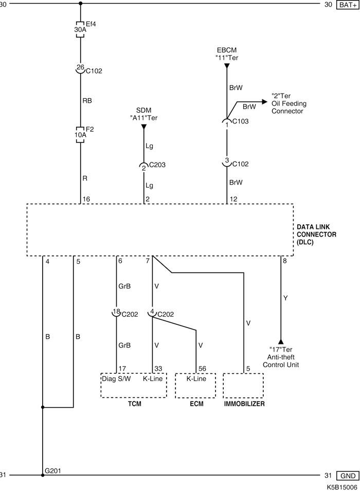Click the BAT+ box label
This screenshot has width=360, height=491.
(x=348, y=5)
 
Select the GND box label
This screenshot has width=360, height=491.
(x=348, y=476)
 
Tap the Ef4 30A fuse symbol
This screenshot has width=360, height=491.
(x=80, y=30)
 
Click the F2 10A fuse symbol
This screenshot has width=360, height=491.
(x=80, y=135)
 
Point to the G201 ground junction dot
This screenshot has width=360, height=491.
(x=43, y=475)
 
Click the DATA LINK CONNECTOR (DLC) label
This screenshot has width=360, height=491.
(x=316, y=234)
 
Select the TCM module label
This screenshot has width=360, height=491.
(x=134, y=404)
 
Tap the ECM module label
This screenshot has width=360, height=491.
(x=196, y=404)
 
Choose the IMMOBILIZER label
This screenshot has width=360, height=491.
(x=244, y=404)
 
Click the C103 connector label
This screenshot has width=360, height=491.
(x=240, y=121)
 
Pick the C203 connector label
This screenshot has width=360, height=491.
(x=157, y=165)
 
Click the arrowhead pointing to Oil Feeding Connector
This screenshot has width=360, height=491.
(x=265, y=102)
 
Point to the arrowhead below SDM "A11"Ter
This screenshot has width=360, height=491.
(x=144, y=127)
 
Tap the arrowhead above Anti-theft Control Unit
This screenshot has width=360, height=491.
(x=281, y=341)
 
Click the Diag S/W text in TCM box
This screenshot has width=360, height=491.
(x=116, y=378)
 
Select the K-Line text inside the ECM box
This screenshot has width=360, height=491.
(x=196, y=378)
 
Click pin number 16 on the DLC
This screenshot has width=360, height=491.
(x=86, y=199)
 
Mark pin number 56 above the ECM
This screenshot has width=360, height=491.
(x=202, y=369)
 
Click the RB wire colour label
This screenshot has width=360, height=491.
(x=87, y=101)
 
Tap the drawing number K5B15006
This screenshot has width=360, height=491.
(x=342, y=487)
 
